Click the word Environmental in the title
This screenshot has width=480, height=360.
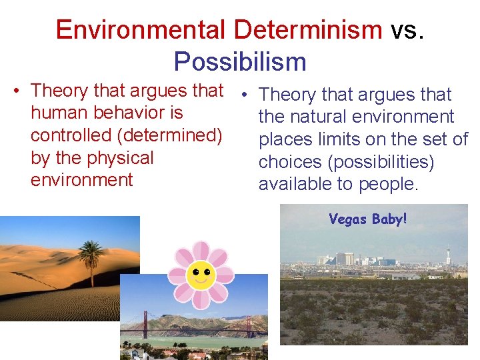[x=141, y=30]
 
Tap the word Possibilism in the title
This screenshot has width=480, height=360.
[x=240, y=62]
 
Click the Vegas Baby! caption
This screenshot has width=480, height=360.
[x=367, y=219]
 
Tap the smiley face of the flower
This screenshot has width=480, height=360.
[x=200, y=275]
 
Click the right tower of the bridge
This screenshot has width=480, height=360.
[x=248, y=325]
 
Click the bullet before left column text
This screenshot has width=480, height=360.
[x=22, y=91]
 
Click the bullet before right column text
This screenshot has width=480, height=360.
[x=246, y=95]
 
